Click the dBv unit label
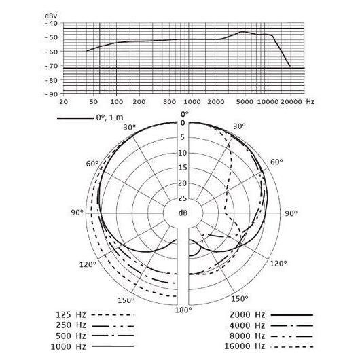click(51, 16)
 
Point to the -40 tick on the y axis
click(51, 23)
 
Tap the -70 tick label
click(51, 66)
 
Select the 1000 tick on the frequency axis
click(192, 101)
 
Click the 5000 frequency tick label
click(245, 101)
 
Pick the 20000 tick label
click(291, 101)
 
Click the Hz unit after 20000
click(310, 101)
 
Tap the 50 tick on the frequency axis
click(93, 101)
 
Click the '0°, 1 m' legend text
click(110, 118)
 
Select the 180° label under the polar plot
click(183, 310)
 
